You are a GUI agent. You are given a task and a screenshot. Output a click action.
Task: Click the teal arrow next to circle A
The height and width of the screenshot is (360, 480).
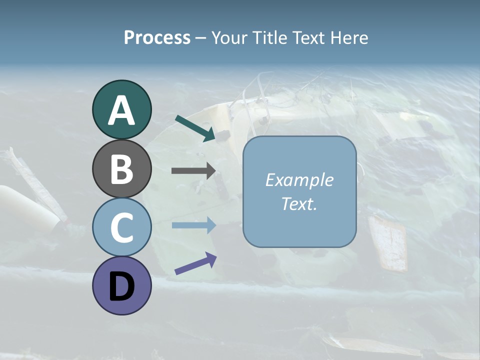point(195,128)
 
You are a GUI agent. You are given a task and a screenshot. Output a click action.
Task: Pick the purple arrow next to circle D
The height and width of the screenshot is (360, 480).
point(195,263)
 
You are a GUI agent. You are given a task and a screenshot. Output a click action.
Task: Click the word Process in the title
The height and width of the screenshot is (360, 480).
point(157,37)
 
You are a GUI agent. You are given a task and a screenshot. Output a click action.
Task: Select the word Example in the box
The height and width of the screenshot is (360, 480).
point(299,180)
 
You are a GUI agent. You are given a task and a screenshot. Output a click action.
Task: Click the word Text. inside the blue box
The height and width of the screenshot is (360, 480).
point(299,203)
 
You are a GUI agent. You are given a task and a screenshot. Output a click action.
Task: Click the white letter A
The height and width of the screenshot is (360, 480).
point(121,111)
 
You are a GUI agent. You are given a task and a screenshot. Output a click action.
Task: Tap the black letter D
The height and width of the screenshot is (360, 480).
point(121,287)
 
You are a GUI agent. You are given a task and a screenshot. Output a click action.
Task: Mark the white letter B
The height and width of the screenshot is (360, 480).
point(121,169)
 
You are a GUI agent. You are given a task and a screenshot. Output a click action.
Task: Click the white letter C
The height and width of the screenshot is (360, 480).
point(121,228)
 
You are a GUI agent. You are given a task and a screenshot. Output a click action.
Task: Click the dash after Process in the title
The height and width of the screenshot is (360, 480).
point(200,38)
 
